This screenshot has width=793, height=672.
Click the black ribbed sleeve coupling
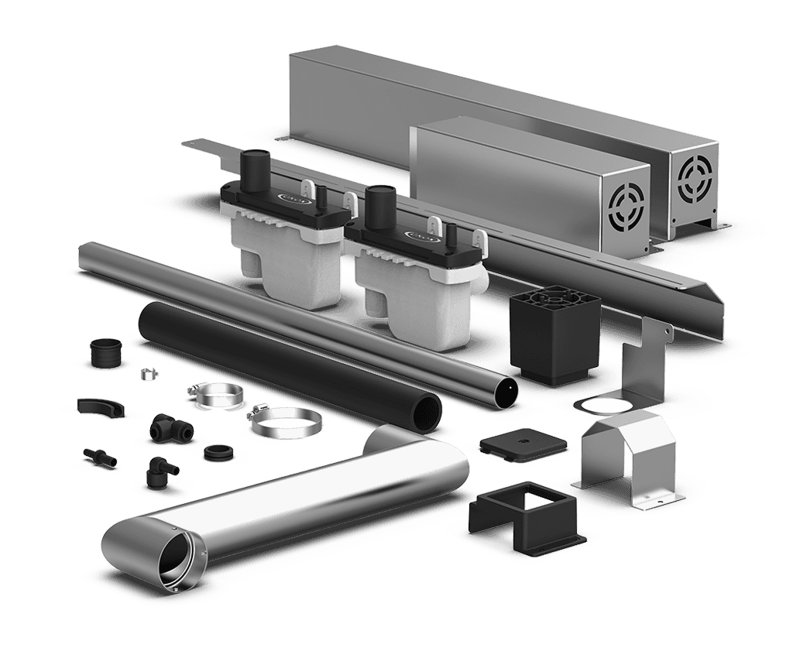(x=104, y=354)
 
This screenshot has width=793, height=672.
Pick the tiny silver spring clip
(x=149, y=374)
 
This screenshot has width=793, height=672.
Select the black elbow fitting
(x=159, y=470)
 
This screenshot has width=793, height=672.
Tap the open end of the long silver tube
(x=505, y=392)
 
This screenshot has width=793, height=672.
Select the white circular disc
(x=606, y=405)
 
